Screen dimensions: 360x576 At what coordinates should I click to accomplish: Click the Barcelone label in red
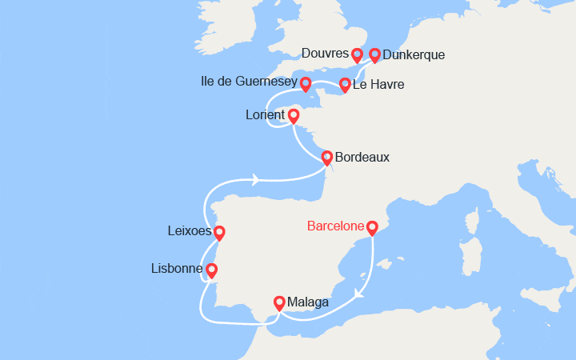(x=335, y=226)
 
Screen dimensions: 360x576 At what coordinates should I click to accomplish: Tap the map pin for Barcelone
(x=372, y=228)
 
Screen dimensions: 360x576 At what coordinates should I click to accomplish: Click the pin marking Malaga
(x=279, y=302)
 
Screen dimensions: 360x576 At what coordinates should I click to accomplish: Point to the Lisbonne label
(x=176, y=269)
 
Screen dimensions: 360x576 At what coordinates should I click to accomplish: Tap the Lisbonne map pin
(x=212, y=270)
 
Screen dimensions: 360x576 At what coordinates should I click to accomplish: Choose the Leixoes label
(x=189, y=232)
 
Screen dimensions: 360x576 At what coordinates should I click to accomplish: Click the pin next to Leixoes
(x=218, y=233)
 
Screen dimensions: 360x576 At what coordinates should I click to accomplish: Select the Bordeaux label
(x=362, y=157)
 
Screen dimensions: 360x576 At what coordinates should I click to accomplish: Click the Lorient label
(x=265, y=115)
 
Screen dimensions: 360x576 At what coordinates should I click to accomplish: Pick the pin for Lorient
(x=294, y=116)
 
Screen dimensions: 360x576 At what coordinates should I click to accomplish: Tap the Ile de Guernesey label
(x=250, y=82)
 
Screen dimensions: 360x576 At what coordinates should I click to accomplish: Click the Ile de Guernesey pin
(x=306, y=82)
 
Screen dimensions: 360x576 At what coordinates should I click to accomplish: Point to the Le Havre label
(x=380, y=84)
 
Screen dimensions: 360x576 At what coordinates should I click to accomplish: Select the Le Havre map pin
(x=345, y=84)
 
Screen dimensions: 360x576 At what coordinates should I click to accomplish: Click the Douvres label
(x=326, y=54)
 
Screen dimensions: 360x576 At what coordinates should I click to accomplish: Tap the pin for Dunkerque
(x=374, y=54)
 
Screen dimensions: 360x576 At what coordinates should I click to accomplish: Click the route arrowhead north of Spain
(x=256, y=180)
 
